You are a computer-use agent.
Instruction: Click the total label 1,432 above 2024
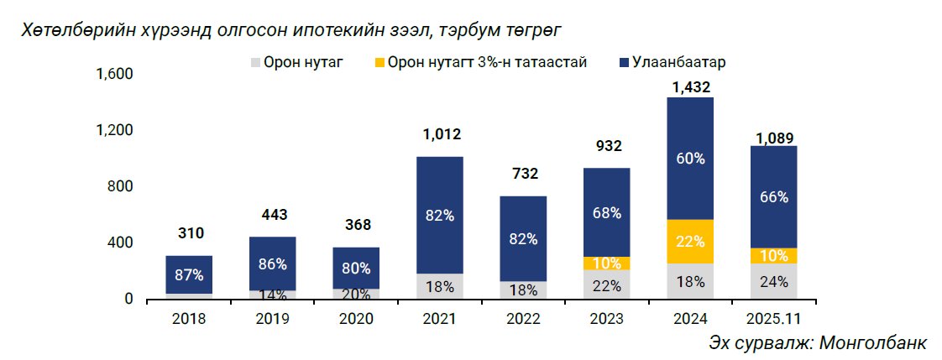pos(691,86)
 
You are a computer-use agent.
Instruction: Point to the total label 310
pos(190,233)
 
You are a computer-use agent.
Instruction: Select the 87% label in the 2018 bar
pos(190,274)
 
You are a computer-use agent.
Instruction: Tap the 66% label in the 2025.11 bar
pos(774,197)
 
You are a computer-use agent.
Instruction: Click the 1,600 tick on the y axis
pos(116,74)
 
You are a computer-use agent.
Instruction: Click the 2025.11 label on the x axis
pos(773,319)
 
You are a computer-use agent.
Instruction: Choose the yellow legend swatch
pos(379,63)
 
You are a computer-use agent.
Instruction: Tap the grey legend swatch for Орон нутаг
pos(255,63)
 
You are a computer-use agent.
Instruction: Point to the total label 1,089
pos(774,138)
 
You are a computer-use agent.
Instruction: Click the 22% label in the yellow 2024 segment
pos(690,242)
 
